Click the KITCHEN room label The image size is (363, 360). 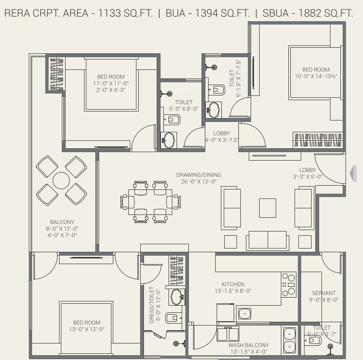(233, 284)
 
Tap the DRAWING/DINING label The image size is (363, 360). (199, 175)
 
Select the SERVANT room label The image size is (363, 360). (324, 293)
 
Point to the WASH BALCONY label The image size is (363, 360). (249, 345)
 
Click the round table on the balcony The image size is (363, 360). (61, 180)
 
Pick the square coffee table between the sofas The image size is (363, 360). (268, 208)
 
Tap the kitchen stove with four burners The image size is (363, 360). (289, 285)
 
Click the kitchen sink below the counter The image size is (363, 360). (245, 314)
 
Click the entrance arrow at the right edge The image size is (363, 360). (353, 173)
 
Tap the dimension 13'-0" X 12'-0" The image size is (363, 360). (87, 329)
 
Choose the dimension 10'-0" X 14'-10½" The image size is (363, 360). (316, 76)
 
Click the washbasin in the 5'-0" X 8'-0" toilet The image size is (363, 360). (169, 140)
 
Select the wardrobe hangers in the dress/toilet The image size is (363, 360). (177, 270)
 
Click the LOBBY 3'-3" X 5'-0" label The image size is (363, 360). (308, 173)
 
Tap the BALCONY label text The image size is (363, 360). (62, 222)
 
